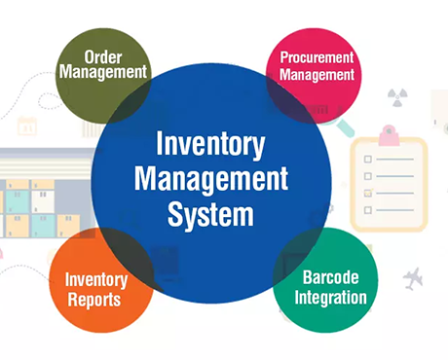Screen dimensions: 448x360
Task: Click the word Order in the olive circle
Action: (x=103, y=57)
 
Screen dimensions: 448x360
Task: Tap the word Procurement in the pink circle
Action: (x=317, y=57)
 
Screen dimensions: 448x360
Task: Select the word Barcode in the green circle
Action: (x=331, y=277)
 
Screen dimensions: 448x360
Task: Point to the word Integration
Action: (x=331, y=298)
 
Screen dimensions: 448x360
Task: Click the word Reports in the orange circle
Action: (x=94, y=300)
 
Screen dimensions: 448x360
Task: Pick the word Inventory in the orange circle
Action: (x=96, y=280)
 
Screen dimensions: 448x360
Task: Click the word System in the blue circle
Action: (x=210, y=215)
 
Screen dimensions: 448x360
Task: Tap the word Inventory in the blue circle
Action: (x=210, y=145)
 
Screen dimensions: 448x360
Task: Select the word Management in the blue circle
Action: (x=211, y=179)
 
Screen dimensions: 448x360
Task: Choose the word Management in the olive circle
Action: (x=103, y=72)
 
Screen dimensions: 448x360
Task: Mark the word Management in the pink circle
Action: (x=317, y=75)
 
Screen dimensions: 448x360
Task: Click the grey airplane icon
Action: (x=413, y=278)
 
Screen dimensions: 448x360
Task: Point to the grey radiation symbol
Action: (x=397, y=97)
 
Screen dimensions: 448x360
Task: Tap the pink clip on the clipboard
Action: (x=389, y=135)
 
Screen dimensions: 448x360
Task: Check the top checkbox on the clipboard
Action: (x=368, y=160)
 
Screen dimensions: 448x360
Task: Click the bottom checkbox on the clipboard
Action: (x=368, y=210)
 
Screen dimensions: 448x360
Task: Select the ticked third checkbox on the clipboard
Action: (x=368, y=193)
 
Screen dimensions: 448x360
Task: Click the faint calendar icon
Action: (x=27, y=126)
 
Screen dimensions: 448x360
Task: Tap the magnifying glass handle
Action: (x=346, y=128)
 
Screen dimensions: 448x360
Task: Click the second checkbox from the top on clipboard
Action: (x=368, y=176)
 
